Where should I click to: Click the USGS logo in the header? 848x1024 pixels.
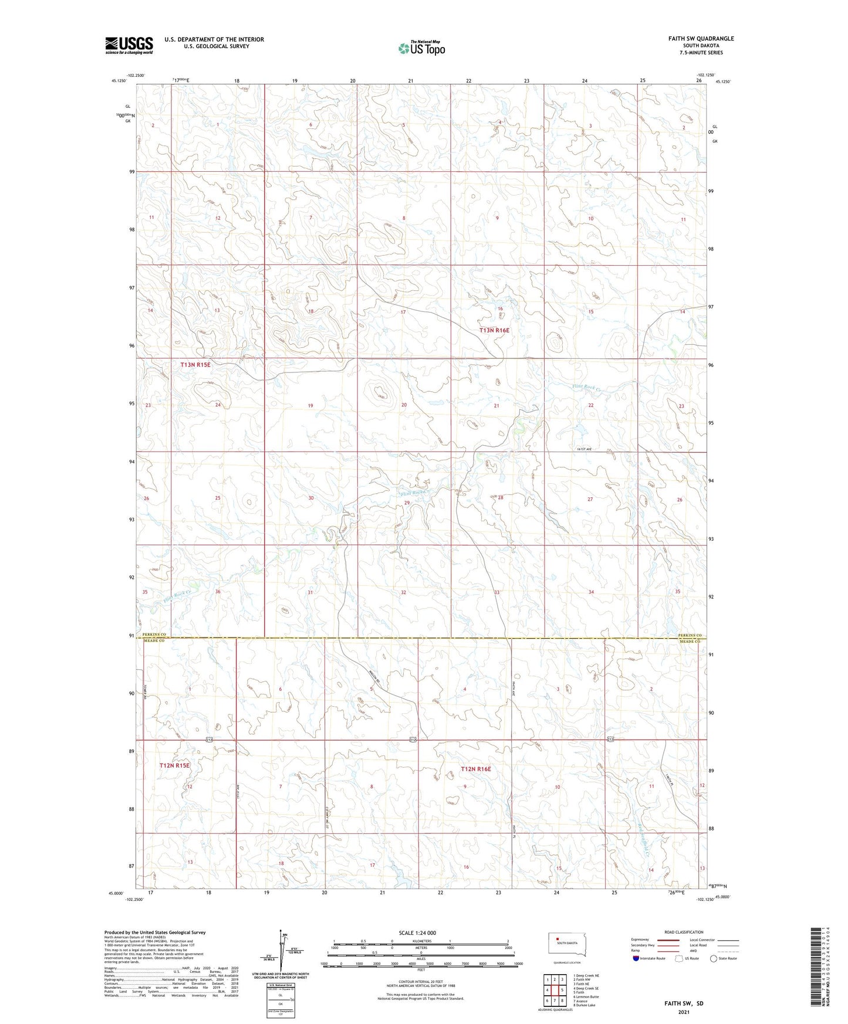click(129, 45)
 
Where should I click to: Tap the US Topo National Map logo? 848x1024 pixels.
click(421, 48)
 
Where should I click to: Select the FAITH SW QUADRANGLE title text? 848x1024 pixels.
click(701, 39)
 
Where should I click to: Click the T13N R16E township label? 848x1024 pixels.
click(494, 330)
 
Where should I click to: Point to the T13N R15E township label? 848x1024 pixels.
click(195, 364)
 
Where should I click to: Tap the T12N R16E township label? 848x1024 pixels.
click(475, 769)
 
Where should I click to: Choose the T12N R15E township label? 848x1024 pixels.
click(175, 765)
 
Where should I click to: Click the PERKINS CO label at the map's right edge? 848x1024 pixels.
click(690, 635)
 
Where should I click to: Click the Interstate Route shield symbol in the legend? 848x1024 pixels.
click(636, 958)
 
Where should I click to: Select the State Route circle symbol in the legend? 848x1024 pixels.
click(714, 958)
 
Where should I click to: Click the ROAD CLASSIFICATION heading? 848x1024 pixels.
click(684, 932)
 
